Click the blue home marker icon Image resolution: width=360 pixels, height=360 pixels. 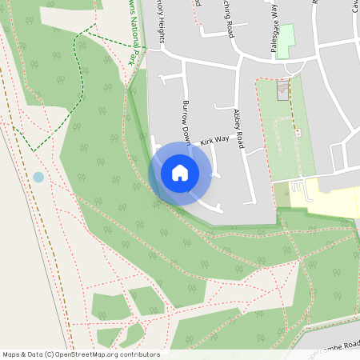pyautogui.click(x=180, y=173)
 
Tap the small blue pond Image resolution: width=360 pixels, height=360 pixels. pyautogui.click(x=38, y=177)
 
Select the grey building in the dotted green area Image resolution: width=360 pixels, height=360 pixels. pyautogui.click(x=282, y=90)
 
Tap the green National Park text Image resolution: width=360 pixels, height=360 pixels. pyautogui.click(x=136, y=32)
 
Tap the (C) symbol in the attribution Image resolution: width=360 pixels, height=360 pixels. pyautogui.click(x=50, y=354)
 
